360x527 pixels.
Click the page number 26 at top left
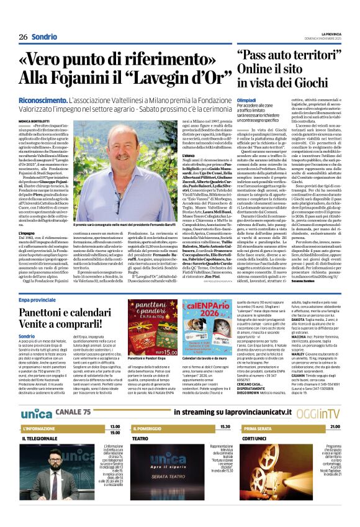click(x=23, y=37)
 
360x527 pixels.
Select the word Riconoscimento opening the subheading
click(x=45, y=99)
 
